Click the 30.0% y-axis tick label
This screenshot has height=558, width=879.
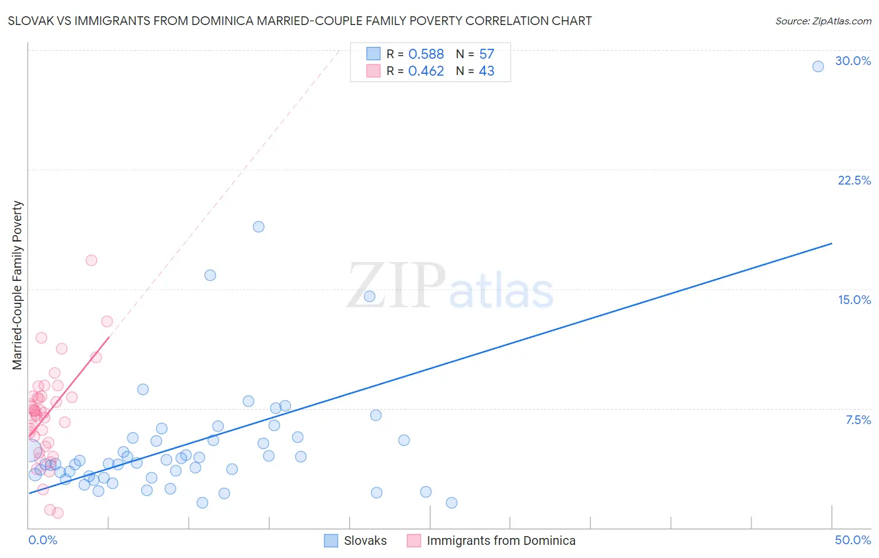point(853,61)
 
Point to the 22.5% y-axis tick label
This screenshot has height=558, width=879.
point(854,180)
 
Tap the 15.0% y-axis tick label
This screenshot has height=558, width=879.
point(854,300)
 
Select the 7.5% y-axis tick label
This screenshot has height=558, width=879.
point(858,420)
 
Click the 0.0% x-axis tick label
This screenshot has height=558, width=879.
point(43,540)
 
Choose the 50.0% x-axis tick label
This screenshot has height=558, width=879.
point(853,540)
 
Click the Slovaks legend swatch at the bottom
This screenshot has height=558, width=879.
point(331,540)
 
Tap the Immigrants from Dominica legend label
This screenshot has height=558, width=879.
point(501,540)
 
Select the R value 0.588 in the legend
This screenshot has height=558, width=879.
point(426,54)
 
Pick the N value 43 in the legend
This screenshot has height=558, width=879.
point(486,71)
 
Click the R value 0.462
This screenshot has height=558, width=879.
point(426,71)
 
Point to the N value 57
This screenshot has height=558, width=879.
point(486,54)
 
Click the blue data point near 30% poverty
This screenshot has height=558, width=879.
point(818,66)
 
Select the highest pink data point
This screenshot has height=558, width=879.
point(91,260)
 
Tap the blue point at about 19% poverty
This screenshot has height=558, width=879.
point(258,227)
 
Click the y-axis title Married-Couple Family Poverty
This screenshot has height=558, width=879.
point(18,285)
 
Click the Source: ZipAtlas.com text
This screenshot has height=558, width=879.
point(823,21)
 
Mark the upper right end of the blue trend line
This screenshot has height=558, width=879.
point(831,243)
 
